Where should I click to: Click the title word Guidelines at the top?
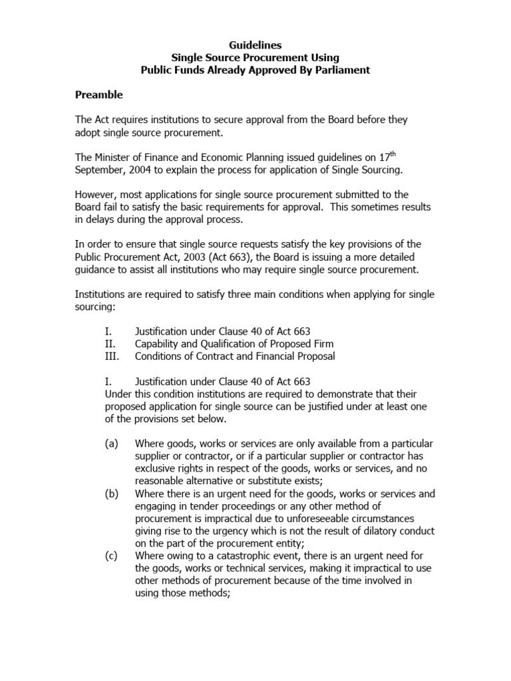click(255, 45)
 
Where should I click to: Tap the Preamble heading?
click(98, 94)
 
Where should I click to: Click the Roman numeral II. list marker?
click(110, 344)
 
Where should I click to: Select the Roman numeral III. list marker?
click(112, 356)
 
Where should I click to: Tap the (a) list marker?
click(111, 443)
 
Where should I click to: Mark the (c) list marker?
click(111, 555)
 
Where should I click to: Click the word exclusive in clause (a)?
click(155, 468)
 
